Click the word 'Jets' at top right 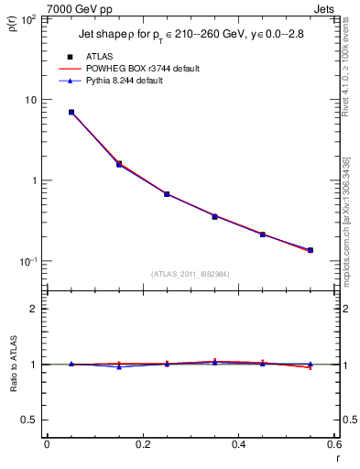[x=326, y=7]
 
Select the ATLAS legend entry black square [x=70, y=57]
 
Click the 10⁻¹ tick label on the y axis [x=27, y=262]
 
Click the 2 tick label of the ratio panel [x=35, y=309]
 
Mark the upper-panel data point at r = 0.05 [x=71, y=112]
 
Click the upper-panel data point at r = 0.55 [x=311, y=250]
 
